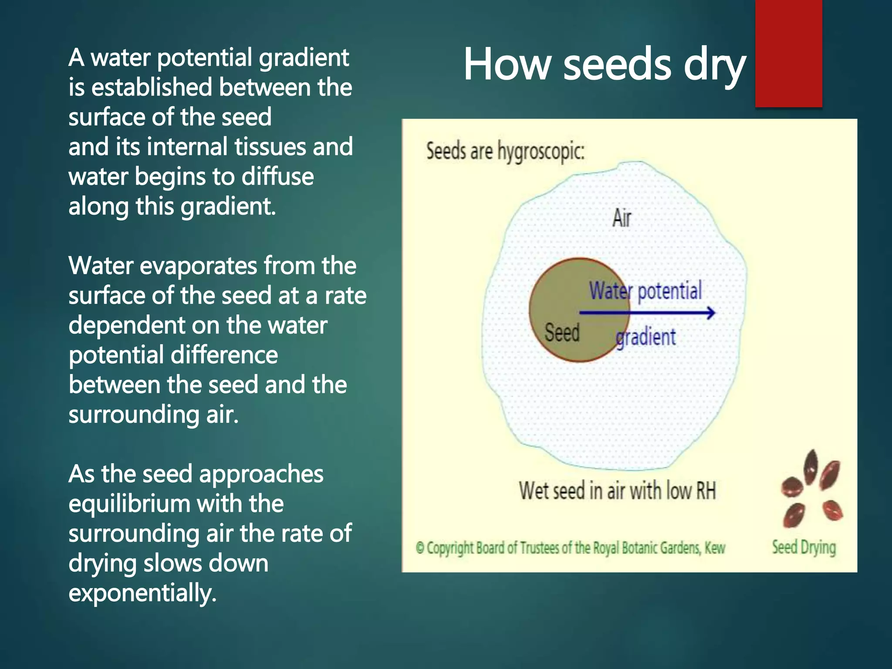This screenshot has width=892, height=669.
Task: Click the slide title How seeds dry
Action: point(605,65)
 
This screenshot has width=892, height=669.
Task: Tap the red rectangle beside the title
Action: point(788,53)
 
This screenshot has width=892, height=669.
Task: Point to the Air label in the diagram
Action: point(622,218)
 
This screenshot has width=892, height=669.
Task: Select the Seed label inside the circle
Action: point(562,333)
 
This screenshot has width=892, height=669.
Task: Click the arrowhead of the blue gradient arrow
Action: point(711,313)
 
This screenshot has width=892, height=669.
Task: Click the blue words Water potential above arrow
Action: point(645,291)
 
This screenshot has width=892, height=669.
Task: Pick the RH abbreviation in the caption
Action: point(706,491)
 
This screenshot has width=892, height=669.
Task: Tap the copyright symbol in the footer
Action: point(420,548)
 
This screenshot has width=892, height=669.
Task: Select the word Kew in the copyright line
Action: point(715,548)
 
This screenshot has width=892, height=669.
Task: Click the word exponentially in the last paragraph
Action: point(142,593)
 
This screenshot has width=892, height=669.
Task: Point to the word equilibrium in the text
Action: point(129,504)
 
